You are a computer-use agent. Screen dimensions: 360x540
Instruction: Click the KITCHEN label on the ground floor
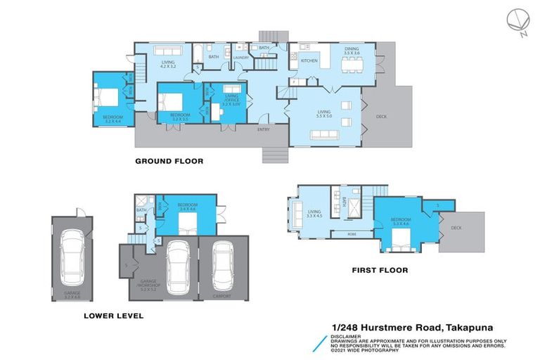309,61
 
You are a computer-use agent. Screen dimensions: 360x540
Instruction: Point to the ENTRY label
264,129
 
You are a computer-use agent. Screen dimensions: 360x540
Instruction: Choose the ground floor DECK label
381,117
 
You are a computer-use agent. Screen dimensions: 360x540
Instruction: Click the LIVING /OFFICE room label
231,99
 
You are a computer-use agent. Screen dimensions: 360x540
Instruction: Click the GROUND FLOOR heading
169,161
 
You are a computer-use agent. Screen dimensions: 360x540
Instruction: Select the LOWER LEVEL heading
113,316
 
